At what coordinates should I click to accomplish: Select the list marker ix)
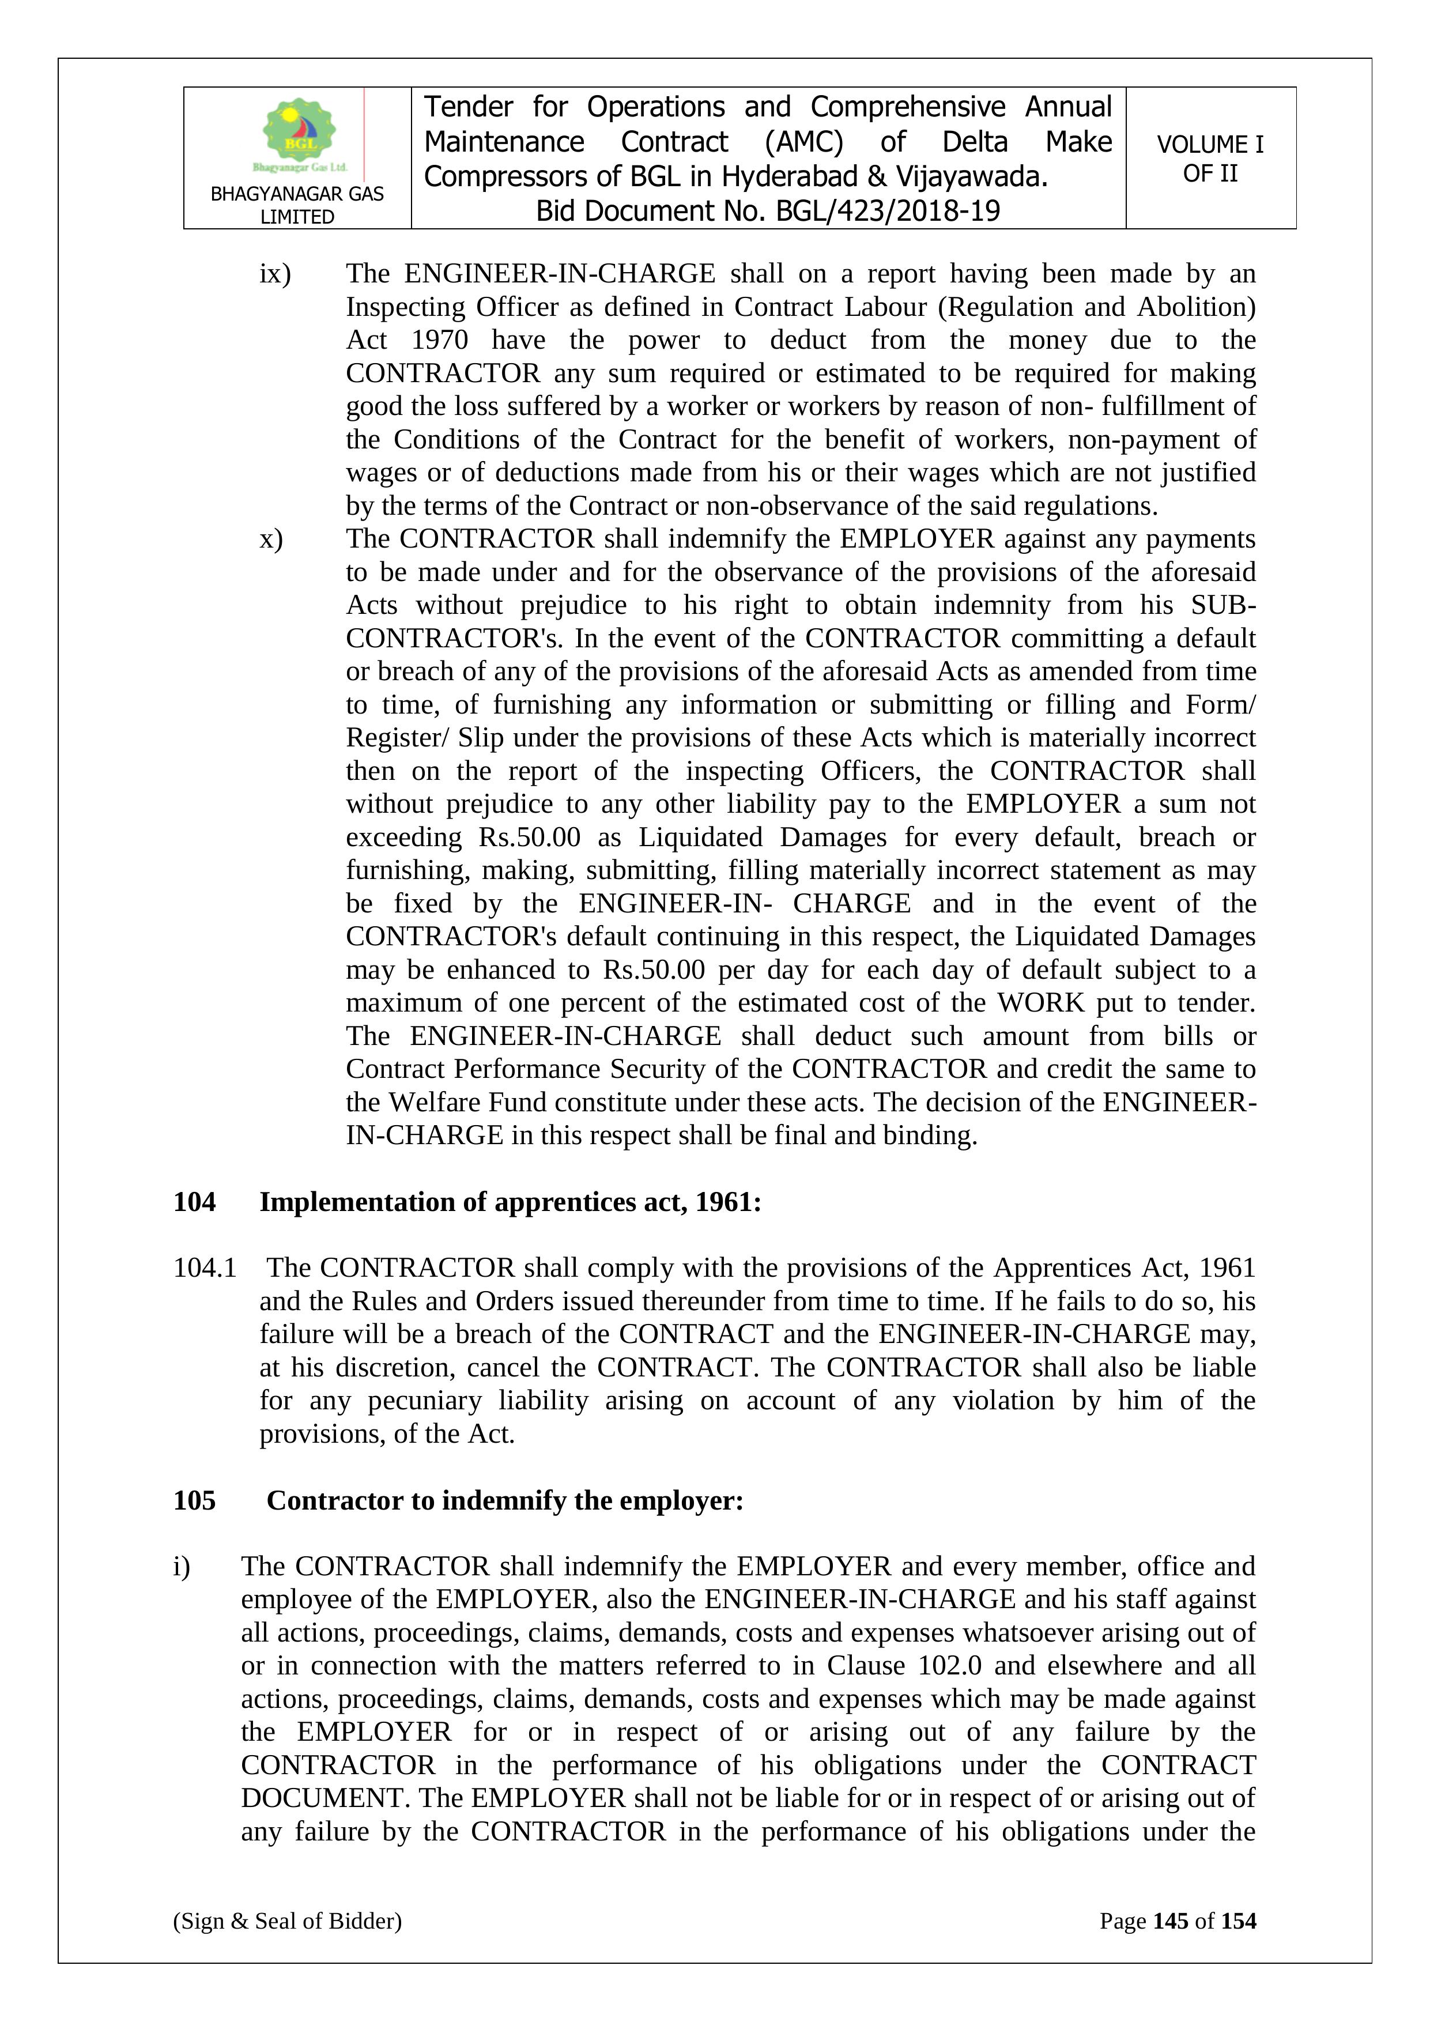pyautogui.click(x=275, y=274)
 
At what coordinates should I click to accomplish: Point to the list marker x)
pyautogui.click(x=271, y=539)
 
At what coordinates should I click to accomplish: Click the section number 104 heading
pyautogui.click(x=195, y=1202)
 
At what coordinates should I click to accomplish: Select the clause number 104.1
pyautogui.click(x=205, y=1268)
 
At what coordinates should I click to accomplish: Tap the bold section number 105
pyautogui.click(x=195, y=1500)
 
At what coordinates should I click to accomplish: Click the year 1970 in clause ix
pyautogui.click(x=439, y=340)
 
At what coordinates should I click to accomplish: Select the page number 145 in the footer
pyautogui.click(x=1170, y=1921)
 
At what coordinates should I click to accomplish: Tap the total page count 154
pyautogui.click(x=1238, y=1921)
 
